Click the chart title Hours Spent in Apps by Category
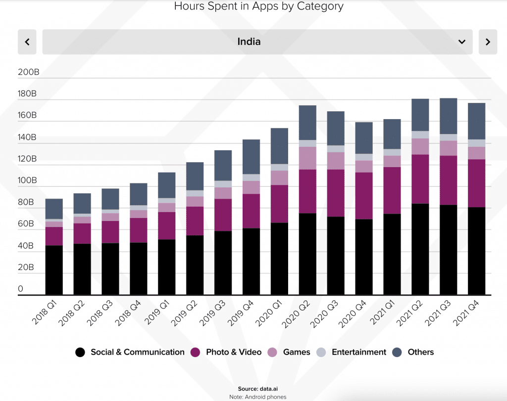coord(258,6)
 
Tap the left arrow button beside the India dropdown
coord(27,42)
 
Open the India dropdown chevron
coord(461,42)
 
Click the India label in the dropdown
coord(249,42)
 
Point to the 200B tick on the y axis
coord(28,72)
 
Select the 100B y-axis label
coord(28,180)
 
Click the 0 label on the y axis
coord(21,289)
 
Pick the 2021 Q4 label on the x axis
coord(467,314)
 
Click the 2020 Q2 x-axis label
coord(298,314)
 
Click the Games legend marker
coord(272,352)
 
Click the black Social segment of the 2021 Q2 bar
coord(420,249)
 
